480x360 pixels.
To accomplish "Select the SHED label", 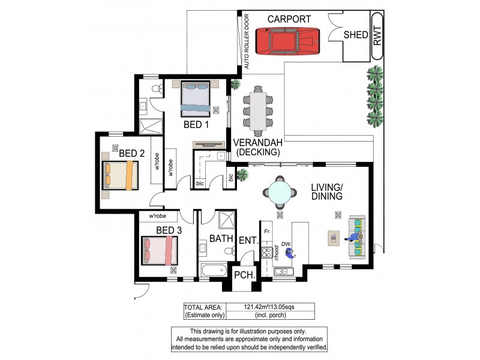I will [355, 35].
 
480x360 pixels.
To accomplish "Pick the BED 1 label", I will [196, 125].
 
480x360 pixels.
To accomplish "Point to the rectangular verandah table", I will [259, 111].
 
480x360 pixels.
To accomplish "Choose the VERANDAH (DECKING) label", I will [259, 147].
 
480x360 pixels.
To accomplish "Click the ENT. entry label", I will [248, 241].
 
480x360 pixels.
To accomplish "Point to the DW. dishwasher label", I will [286, 243].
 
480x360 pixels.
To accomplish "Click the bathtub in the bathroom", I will [214, 271].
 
